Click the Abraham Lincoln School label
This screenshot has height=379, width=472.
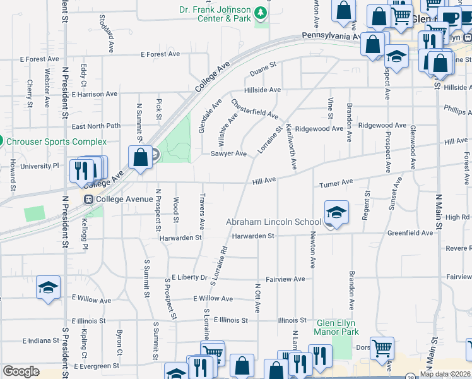tap(273, 222)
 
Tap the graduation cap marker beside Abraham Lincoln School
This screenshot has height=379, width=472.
tap(336, 213)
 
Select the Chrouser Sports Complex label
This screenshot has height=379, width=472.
tap(57, 141)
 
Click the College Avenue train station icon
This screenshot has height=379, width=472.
tap(89, 200)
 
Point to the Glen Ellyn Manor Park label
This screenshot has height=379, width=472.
tap(337, 327)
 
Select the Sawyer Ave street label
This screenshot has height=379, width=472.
tap(228, 153)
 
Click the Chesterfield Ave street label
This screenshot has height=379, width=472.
tap(254, 109)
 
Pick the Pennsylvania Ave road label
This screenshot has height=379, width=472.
tap(332, 37)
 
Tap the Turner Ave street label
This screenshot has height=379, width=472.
tap(336, 183)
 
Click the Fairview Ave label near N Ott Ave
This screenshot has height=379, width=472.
tap(285, 279)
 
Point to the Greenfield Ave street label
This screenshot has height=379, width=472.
tap(410, 232)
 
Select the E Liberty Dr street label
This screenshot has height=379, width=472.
tap(189, 277)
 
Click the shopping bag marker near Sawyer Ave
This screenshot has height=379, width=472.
tap(140, 157)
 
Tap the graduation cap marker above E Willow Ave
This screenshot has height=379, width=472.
tap(48, 287)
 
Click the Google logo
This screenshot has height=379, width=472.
tap(21, 371)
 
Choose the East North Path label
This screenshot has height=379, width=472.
tap(96, 126)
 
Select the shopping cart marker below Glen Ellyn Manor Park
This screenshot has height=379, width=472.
tap(382, 347)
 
